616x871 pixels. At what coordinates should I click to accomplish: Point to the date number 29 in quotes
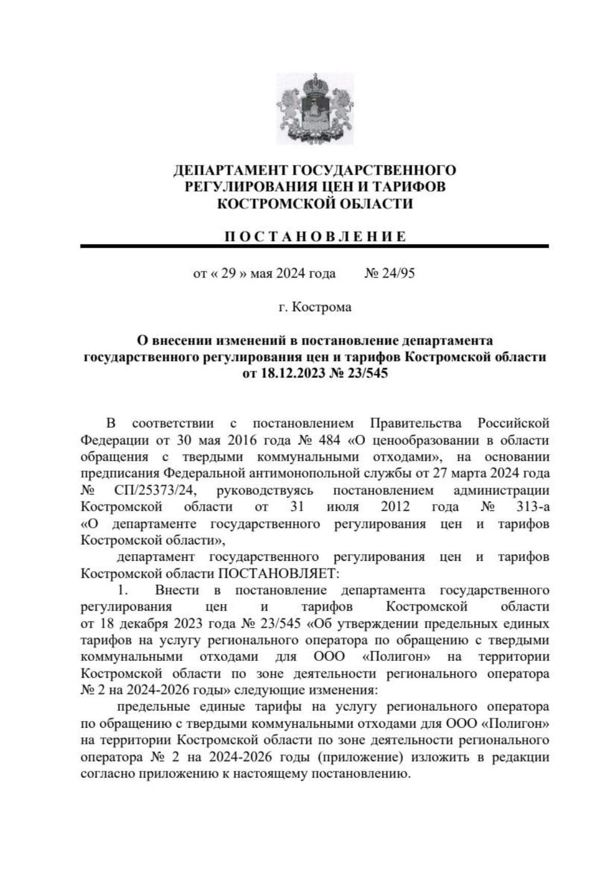[228, 273]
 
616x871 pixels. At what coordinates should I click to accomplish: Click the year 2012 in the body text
[395, 507]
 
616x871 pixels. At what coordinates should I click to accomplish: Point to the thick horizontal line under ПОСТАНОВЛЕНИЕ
[314, 247]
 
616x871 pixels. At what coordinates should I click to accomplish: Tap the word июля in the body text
[342, 507]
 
